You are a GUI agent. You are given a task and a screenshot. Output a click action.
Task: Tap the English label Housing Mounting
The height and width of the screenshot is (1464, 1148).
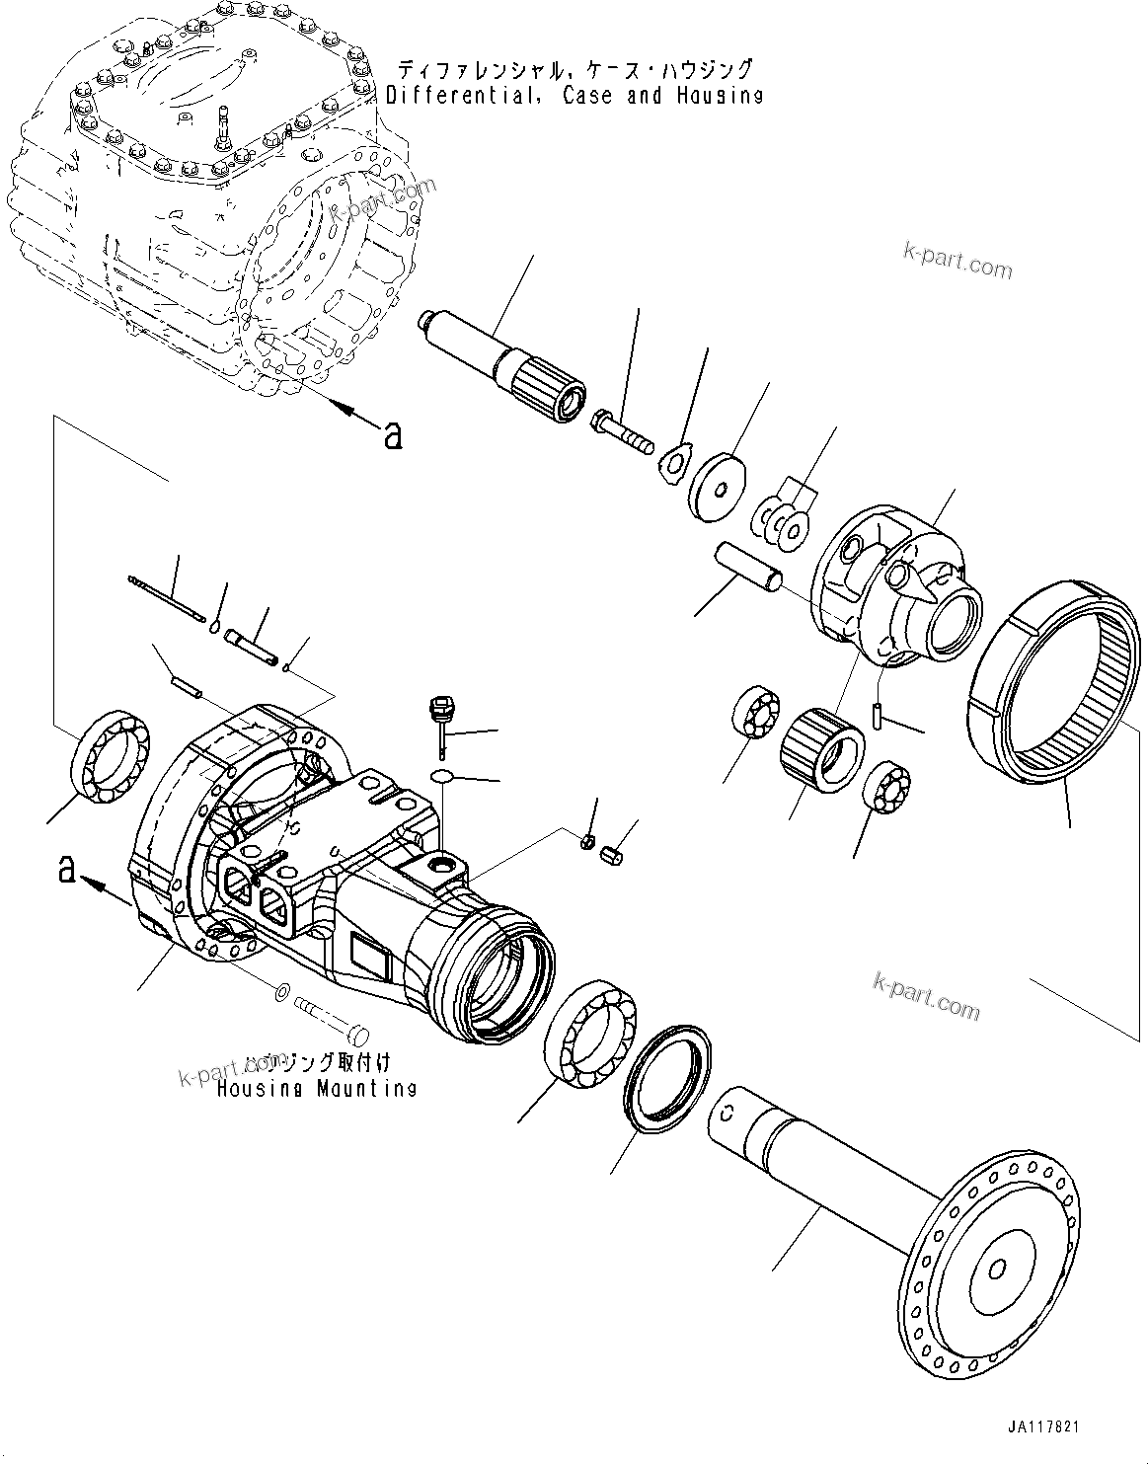click(x=316, y=1088)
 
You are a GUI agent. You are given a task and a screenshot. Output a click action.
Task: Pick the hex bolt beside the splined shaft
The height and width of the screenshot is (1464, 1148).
click(x=622, y=431)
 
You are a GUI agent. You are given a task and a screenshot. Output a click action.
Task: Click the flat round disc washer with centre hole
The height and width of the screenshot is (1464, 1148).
click(x=718, y=483)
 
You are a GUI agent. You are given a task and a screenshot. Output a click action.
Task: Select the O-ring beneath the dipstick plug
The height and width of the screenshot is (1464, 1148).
click(x=444, y=775)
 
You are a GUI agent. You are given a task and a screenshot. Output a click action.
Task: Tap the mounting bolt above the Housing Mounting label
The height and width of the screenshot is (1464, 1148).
click(x=330, y=1017)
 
